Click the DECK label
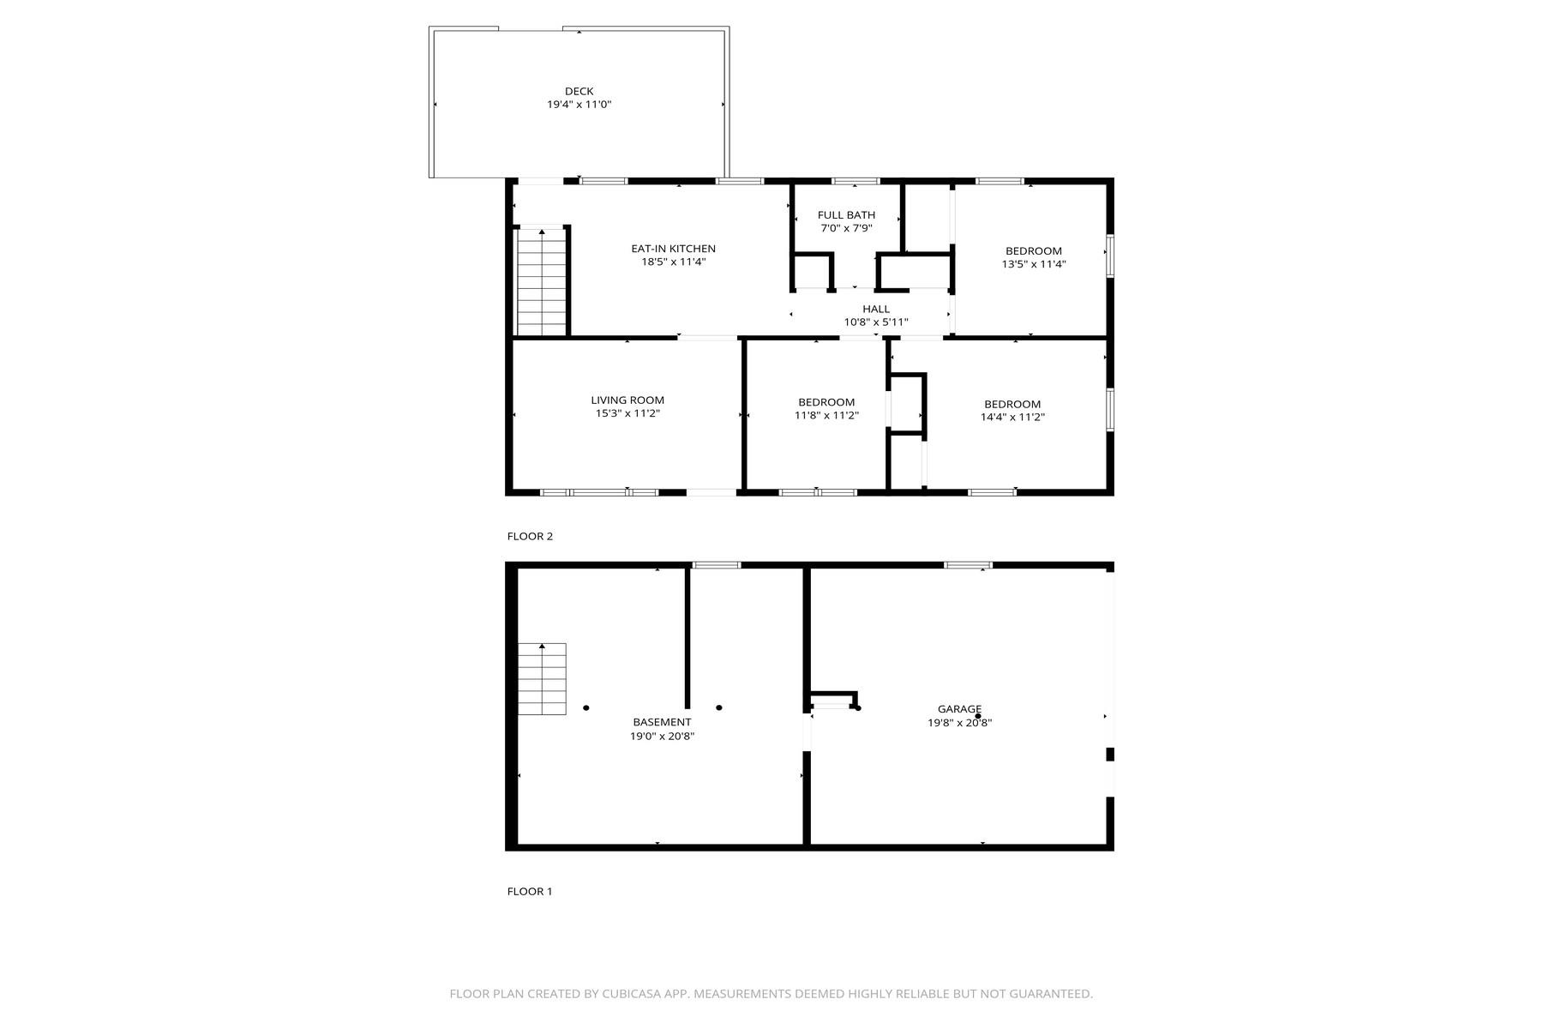point(579,92)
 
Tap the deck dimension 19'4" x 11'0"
point(579,105)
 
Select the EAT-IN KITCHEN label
point(673,249)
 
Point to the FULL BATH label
point(846,215)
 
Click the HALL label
point(876,309)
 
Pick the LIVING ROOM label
point(627,400)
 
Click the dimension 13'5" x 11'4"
point(1034,264)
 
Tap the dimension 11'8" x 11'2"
point(826,415)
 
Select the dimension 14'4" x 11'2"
point(1012,418)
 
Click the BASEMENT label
point(662,722)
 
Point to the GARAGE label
point(959,709)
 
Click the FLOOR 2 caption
point(530,537)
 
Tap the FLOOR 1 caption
point(530,892)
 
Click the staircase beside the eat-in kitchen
point(542,283)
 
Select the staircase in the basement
point(542,678)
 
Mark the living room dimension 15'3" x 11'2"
point(627,413)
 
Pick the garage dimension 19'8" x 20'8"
point(959,723)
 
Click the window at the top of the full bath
point(856,181)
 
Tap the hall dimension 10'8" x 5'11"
point(876,322)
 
